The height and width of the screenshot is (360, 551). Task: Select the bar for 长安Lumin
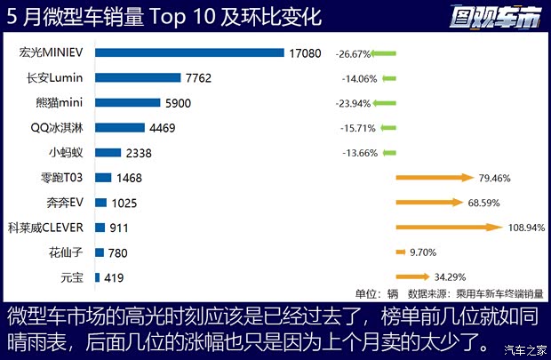138,78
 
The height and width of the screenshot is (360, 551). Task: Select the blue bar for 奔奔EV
101,203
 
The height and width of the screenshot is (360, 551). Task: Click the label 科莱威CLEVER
46,228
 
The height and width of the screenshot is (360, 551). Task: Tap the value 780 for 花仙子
117,253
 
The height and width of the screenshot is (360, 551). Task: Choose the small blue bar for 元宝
97,277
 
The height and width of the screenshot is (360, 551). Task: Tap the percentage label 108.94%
525,228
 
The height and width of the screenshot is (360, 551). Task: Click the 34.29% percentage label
449,276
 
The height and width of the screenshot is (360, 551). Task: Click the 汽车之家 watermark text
523,348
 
